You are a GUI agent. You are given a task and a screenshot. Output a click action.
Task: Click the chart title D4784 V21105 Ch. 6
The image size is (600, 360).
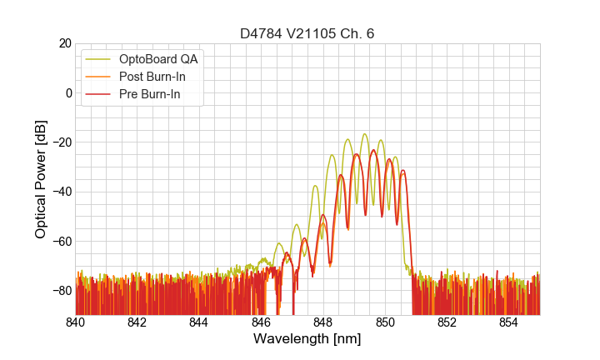click(307, 33)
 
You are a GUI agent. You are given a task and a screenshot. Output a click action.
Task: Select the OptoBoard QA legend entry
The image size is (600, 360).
click(158, 59)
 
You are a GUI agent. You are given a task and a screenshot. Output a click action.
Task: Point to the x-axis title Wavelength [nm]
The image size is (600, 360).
click(307, 339)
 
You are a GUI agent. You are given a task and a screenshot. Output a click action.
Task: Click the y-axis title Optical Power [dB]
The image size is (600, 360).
click(41, 179)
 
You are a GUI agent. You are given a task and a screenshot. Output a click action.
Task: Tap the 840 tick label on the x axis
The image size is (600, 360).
click(76, 322)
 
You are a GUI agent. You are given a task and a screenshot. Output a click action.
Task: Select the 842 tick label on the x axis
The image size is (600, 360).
click(137, 322)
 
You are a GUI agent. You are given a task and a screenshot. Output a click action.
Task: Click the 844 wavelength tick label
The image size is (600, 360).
click(199, 322)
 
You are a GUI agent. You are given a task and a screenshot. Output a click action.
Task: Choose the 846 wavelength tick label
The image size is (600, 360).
click(262, 322)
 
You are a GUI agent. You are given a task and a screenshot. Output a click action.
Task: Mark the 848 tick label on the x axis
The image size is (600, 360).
click(323, 322)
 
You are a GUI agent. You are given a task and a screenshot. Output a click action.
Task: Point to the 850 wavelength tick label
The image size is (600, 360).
click(385, 322)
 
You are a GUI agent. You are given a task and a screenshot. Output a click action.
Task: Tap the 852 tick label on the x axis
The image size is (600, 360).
click(447, 322)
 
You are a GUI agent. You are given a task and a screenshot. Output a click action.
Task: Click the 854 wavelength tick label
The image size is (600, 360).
click(509, 322)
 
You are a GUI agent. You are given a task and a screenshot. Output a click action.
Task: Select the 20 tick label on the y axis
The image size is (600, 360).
click(63, 43)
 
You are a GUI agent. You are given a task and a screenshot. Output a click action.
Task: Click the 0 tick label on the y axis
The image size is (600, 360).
click(67, 92)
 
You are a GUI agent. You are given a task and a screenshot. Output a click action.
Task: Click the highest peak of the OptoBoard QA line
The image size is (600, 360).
click(364, 134)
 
